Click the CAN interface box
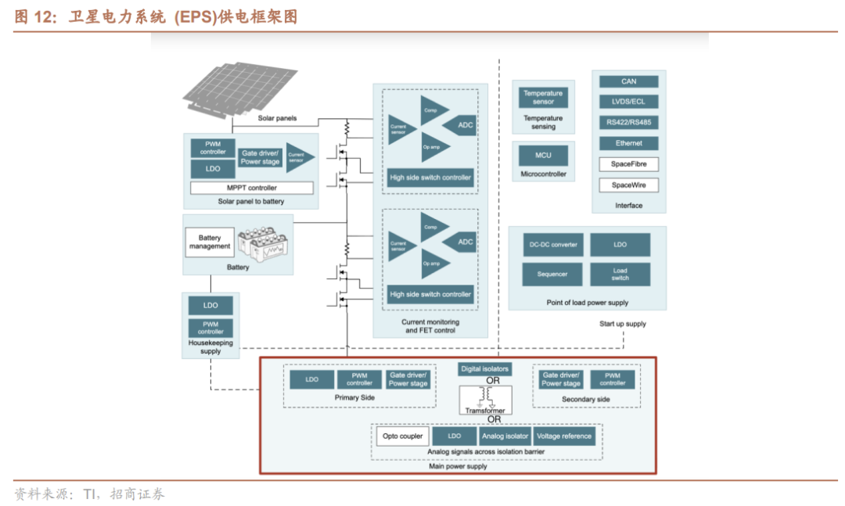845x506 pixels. tap(628, 81)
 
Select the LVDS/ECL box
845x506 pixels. tap(628, 102)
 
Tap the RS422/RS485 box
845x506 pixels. tap(628, 122)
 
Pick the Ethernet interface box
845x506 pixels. tap(628, 143)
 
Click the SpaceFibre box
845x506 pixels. tap(628, 164)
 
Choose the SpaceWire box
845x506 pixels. tap(628, 185)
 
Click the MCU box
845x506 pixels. tap(543, 155)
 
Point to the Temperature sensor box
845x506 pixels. tap(543, 97)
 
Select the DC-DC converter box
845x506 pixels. tap(553, 245)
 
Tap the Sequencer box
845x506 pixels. tap(552, 275)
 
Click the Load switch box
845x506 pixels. tap(620, 275)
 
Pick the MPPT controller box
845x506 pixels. tap(252, 188)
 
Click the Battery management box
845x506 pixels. tap(210, 242)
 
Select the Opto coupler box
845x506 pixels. tap(402, 436)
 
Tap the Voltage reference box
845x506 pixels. tap(564, 436)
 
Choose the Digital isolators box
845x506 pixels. tap(484, 368)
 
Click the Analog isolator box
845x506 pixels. tap(505, 436)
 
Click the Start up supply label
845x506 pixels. tap(623, 324)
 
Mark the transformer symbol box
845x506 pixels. tap(486, 400)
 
